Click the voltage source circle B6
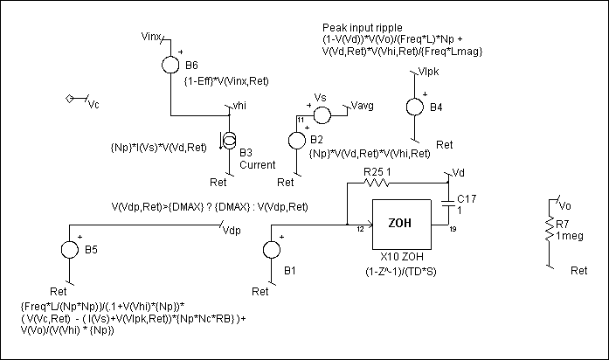pos(170,65)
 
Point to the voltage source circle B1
pos(271,251)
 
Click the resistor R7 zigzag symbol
pos(549,227)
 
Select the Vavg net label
pos(362,105)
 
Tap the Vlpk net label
pos(430,71)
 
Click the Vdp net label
pos(231,231)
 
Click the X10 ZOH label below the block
pos(400,260)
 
